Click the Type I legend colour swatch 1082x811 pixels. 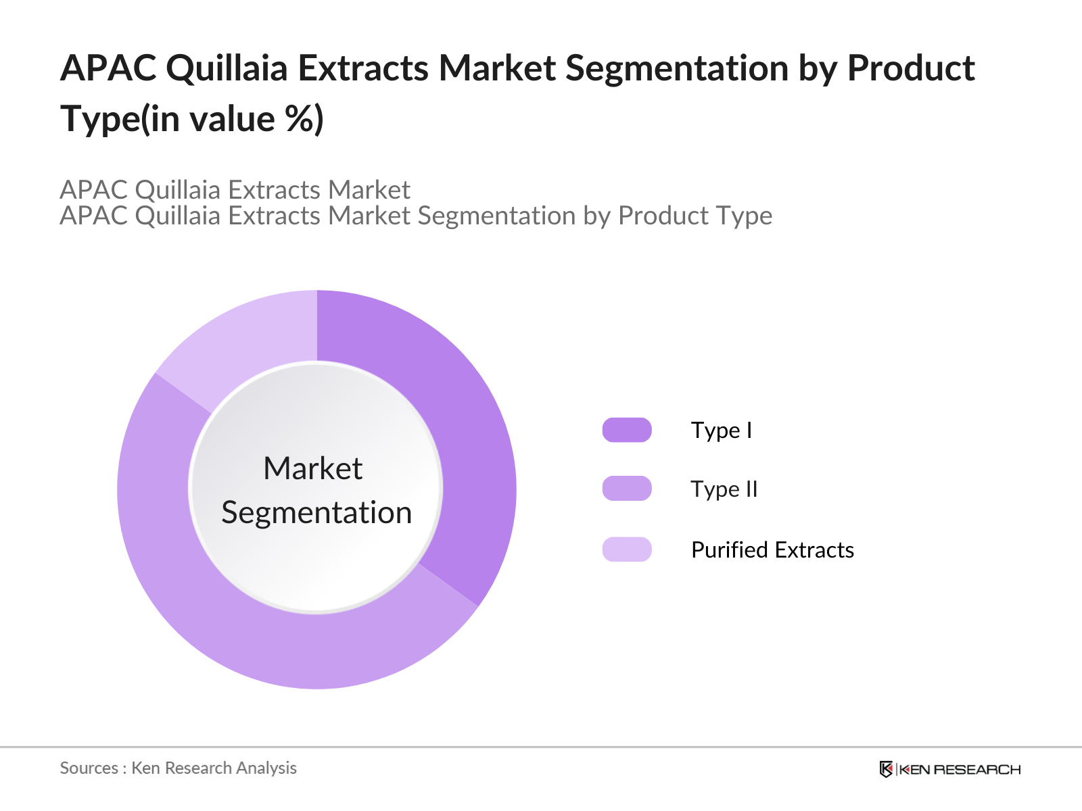pyautogui.click(x=627, y=430)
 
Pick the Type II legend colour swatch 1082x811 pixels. pyautogui.click(x=627, y=489)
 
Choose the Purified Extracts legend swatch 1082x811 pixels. pyautogui.click(x=627, y=549)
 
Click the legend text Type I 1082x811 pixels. pyautogui.click(x=721, y=430)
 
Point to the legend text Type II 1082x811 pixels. pyautogui.click(x=724, y=489)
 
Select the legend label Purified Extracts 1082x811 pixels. pyautogui.click(x=772, y=549)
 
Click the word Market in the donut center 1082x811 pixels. pyautogui.click(x=312, y=468)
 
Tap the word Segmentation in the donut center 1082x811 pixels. pyautogui.click(x=316, y=512)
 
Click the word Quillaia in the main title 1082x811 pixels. pyautogui.click(x=227, y=69)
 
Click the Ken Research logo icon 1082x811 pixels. pyautogui.click(x=886, y=769)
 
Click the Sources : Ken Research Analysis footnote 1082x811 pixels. pyautogui.click(x=178, y=768)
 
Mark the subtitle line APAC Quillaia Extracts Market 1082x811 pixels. pyautogui.click(x=235, y=190)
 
